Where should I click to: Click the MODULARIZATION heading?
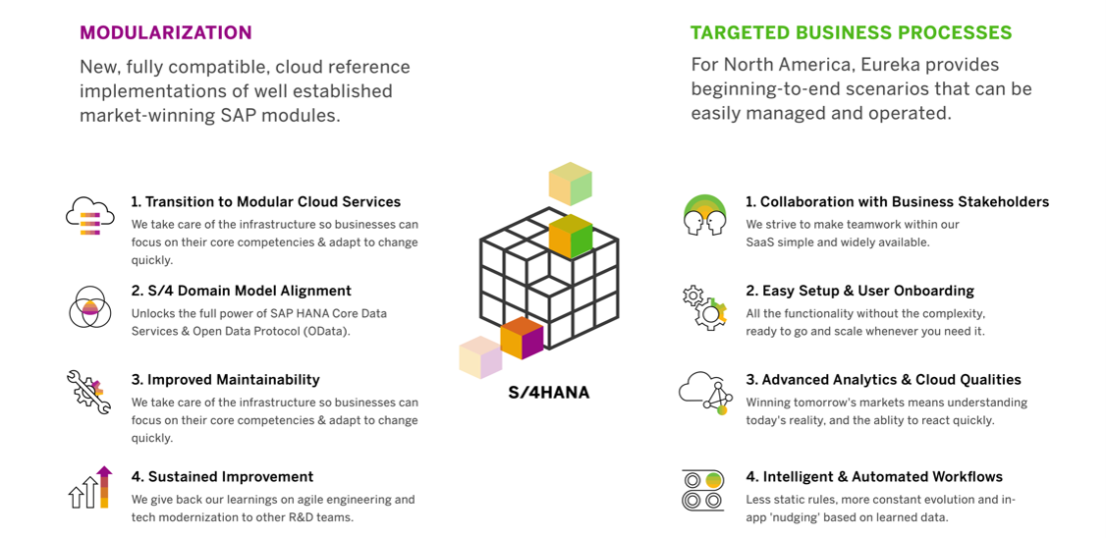pyautogui.click(x=166, y=32)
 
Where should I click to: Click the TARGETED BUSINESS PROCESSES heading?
pyautogui.click(x=852, y=32)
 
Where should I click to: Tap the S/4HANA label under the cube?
pyautogui.click(x=549, y=393)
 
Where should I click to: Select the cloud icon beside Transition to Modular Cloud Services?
pyautogui.click(x=90, y=216)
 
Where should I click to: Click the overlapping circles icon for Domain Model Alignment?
pyautogui.click(x=88, y=307)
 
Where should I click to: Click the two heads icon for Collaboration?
pyautogui.click(x=704, y=215)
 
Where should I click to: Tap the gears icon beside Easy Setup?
pyautogui.click(x=704, y=307)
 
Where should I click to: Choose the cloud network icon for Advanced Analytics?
pyautogui.click(x=703, y=393)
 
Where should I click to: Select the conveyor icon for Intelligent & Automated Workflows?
pyautogui.click(x=703, y=490)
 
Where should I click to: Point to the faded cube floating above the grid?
pyautogui.click(x=570, y=184)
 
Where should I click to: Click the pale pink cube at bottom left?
pyautogui.click(x=480, y=357)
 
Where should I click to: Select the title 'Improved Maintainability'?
pyautogui.click(x=234, y=379)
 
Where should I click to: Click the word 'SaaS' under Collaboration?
pyautogui.click(x=760, y=242)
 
